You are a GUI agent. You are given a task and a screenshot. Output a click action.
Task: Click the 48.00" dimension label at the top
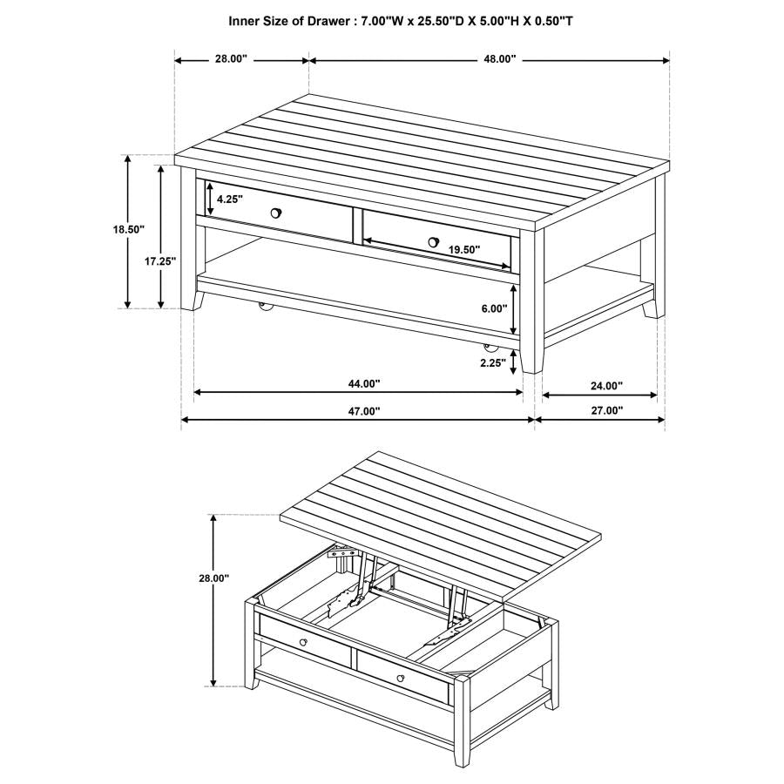point(500,59)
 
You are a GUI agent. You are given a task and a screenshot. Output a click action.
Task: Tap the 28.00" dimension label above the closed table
point(231,59)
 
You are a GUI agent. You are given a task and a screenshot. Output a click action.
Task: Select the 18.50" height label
point(128,230)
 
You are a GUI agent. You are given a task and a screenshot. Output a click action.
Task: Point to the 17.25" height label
point(160,260)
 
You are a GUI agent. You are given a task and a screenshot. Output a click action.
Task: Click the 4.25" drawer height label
point(229,199)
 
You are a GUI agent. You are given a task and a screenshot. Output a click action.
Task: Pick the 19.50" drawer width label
point(464,249)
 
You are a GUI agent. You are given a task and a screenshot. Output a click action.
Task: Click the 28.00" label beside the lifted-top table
point(213,578)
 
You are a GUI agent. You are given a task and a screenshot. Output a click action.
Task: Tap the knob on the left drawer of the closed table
point(276,213)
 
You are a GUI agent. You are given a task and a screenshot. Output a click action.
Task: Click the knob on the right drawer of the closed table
point(433,241)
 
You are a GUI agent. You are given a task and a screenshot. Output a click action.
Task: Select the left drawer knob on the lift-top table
point(303,643)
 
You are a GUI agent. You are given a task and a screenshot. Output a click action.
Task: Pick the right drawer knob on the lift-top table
point(400,678)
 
